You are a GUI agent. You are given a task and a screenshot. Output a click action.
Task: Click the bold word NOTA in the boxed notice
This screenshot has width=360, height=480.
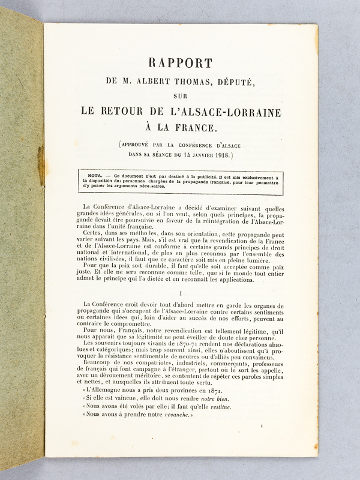click(x=97, y=177)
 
